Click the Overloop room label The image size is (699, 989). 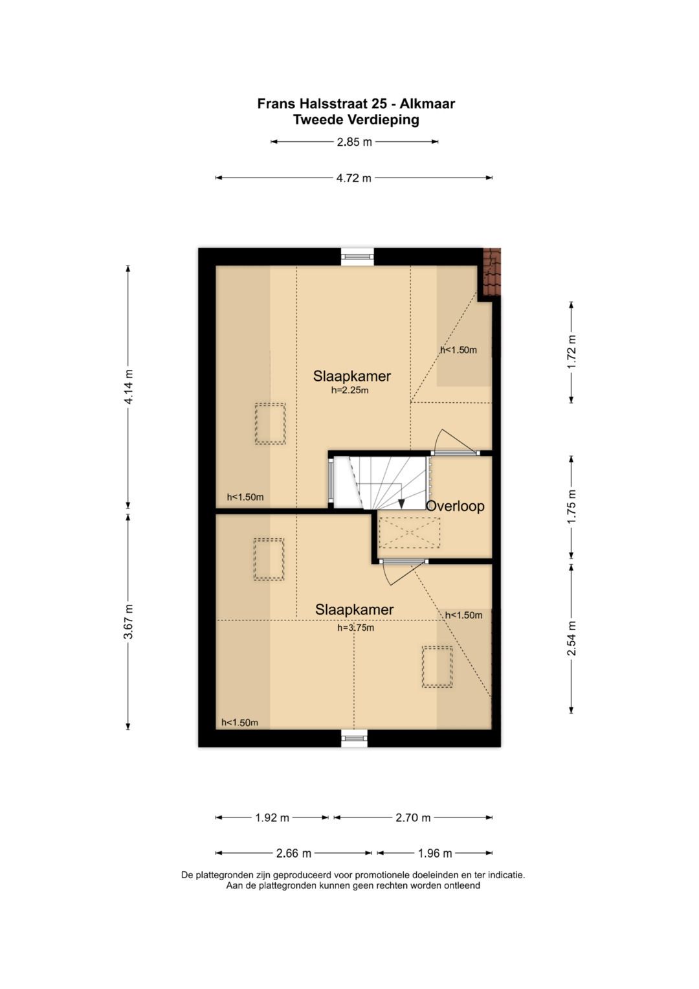pyautogui.click(x=455, y=506)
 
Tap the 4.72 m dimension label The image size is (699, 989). pyautogui.click(x=354, y=178)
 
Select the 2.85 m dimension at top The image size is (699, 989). pyautogui.click(x=355, y=142)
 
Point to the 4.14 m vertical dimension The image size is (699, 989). pyautogui.click(x=128, y=386)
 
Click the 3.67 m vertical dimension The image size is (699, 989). pyautogui.click(x=128, y=621)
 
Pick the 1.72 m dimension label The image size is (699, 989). pyautogui.click(x=571, y=352)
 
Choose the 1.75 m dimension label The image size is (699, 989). pyautogui.click(x=571, y=507)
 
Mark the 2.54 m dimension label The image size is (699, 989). pyautogui.click(x=571, y=639)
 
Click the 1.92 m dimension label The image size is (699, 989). pyautogui.click(x=272, y=818)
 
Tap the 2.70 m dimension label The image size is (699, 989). pyautogui.click(x=413, y=818)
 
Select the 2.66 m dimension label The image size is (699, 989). pyautogui.click(x=293, y=854)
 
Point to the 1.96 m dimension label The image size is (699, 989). pyautogui.click(x=435, y=854)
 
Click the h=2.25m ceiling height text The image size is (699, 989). pyautogui.click(x=349, y=391)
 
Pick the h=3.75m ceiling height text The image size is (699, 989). pyautogui.click(x=356, y=628)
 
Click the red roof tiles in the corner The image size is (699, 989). pyautogui.click(x=493, y=272)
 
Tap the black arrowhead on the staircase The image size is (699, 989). pyautogui.click(x=401, y=503)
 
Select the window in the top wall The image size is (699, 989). pyautogui.click(x=357, y=256)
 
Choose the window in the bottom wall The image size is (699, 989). pyautogui.click(x=355, y=738)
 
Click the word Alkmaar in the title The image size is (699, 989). pyautogui.click(x=427, y=104)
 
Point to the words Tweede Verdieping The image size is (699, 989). pyautogui.click(x=356, y=120)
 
